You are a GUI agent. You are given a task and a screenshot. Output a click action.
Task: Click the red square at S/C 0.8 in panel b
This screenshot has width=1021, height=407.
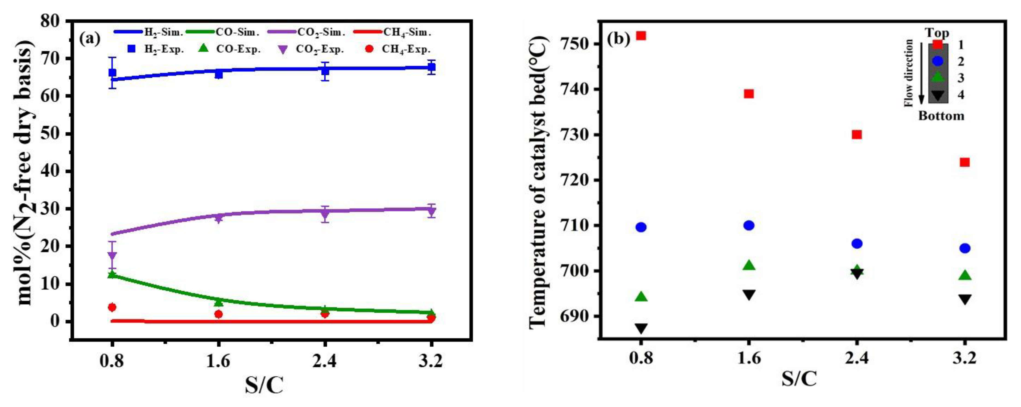click(641, 36)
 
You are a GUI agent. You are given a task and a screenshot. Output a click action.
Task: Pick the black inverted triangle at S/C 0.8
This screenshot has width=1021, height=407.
click(641, 328)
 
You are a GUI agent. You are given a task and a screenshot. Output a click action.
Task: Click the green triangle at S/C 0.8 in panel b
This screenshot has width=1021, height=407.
click(641, 297)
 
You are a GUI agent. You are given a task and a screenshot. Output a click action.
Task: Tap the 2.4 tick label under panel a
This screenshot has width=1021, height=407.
click(325, 361)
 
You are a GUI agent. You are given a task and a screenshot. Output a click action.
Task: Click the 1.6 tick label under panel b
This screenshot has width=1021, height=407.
click(749, 358)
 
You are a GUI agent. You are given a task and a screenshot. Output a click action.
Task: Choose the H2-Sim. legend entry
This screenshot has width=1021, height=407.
click(149, 32)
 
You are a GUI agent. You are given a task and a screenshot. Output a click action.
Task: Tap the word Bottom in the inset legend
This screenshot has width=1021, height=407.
click(941, 116)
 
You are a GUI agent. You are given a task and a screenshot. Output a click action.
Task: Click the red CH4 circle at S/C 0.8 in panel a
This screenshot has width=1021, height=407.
click(112, 307)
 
